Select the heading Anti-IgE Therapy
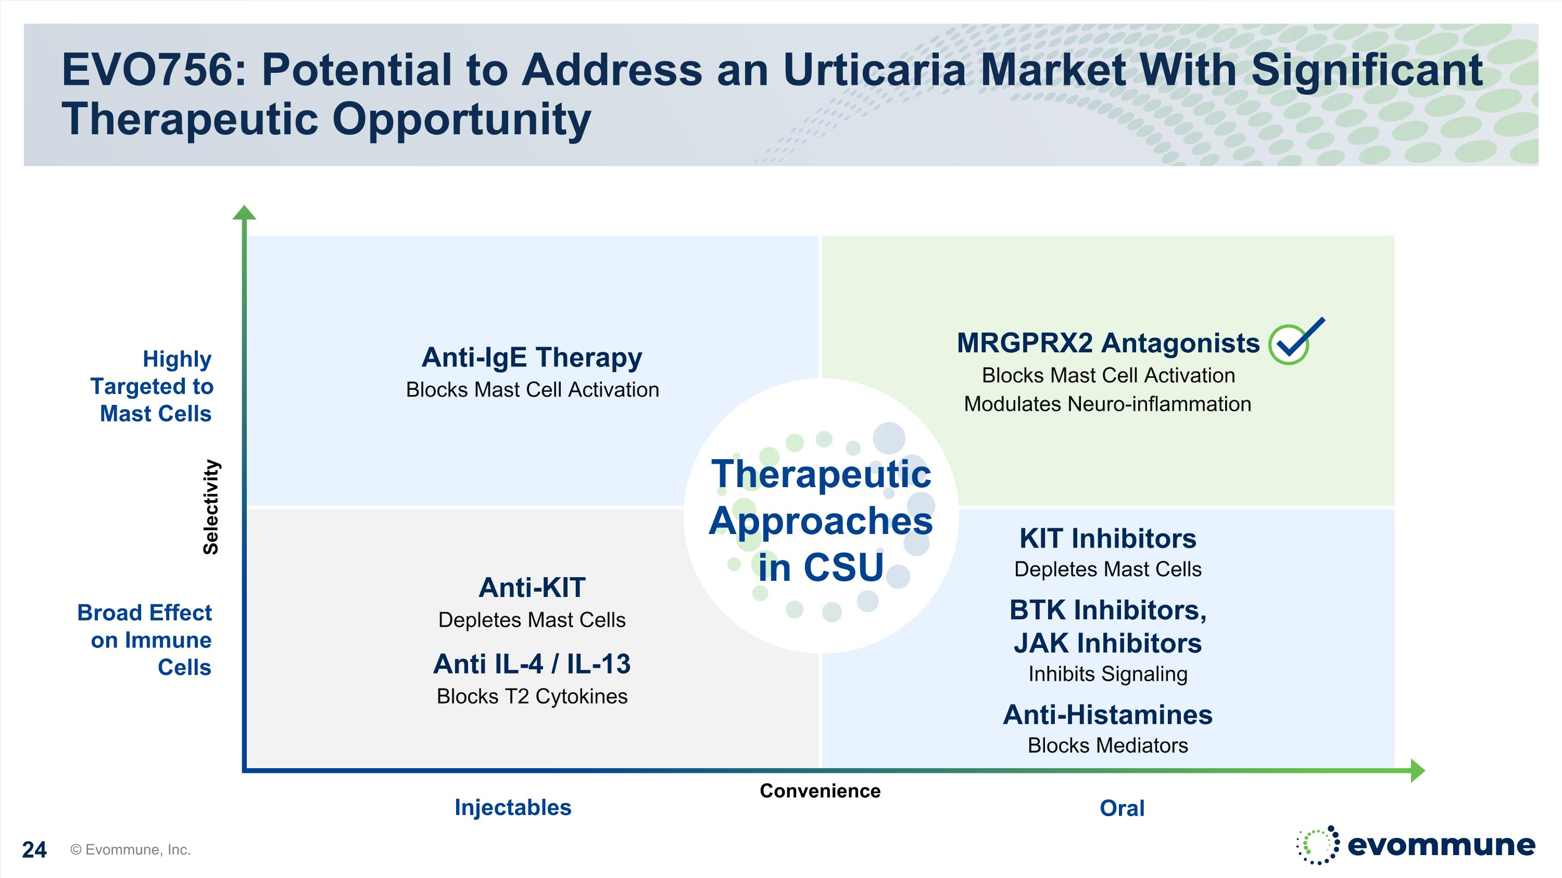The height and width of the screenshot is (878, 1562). [532, 358]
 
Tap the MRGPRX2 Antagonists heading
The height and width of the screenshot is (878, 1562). [1108, 343]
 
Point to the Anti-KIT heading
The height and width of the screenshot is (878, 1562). [532, 587]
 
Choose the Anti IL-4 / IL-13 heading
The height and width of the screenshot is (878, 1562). [532, 664]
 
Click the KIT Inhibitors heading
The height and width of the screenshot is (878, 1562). [1108, 538]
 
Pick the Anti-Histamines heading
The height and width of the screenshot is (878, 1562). [1108, 715]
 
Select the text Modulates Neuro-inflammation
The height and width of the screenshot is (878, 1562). [1108, 404]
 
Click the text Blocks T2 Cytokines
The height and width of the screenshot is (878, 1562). [532, 697]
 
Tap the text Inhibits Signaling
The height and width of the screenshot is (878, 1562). [1108, 674]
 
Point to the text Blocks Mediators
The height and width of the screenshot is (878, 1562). [1108, 745]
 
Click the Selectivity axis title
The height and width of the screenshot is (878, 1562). [210, 506]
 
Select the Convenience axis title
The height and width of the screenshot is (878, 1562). [820, 791]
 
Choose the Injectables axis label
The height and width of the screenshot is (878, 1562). [513, 808]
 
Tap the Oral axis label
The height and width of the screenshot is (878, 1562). [1123, 808]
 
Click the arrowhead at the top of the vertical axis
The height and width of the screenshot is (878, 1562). [244, 212]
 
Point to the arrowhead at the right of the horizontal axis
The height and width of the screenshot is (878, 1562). [1418, 771]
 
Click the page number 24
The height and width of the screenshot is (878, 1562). [34, 849]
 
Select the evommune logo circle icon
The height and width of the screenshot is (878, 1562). [1318, 845]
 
